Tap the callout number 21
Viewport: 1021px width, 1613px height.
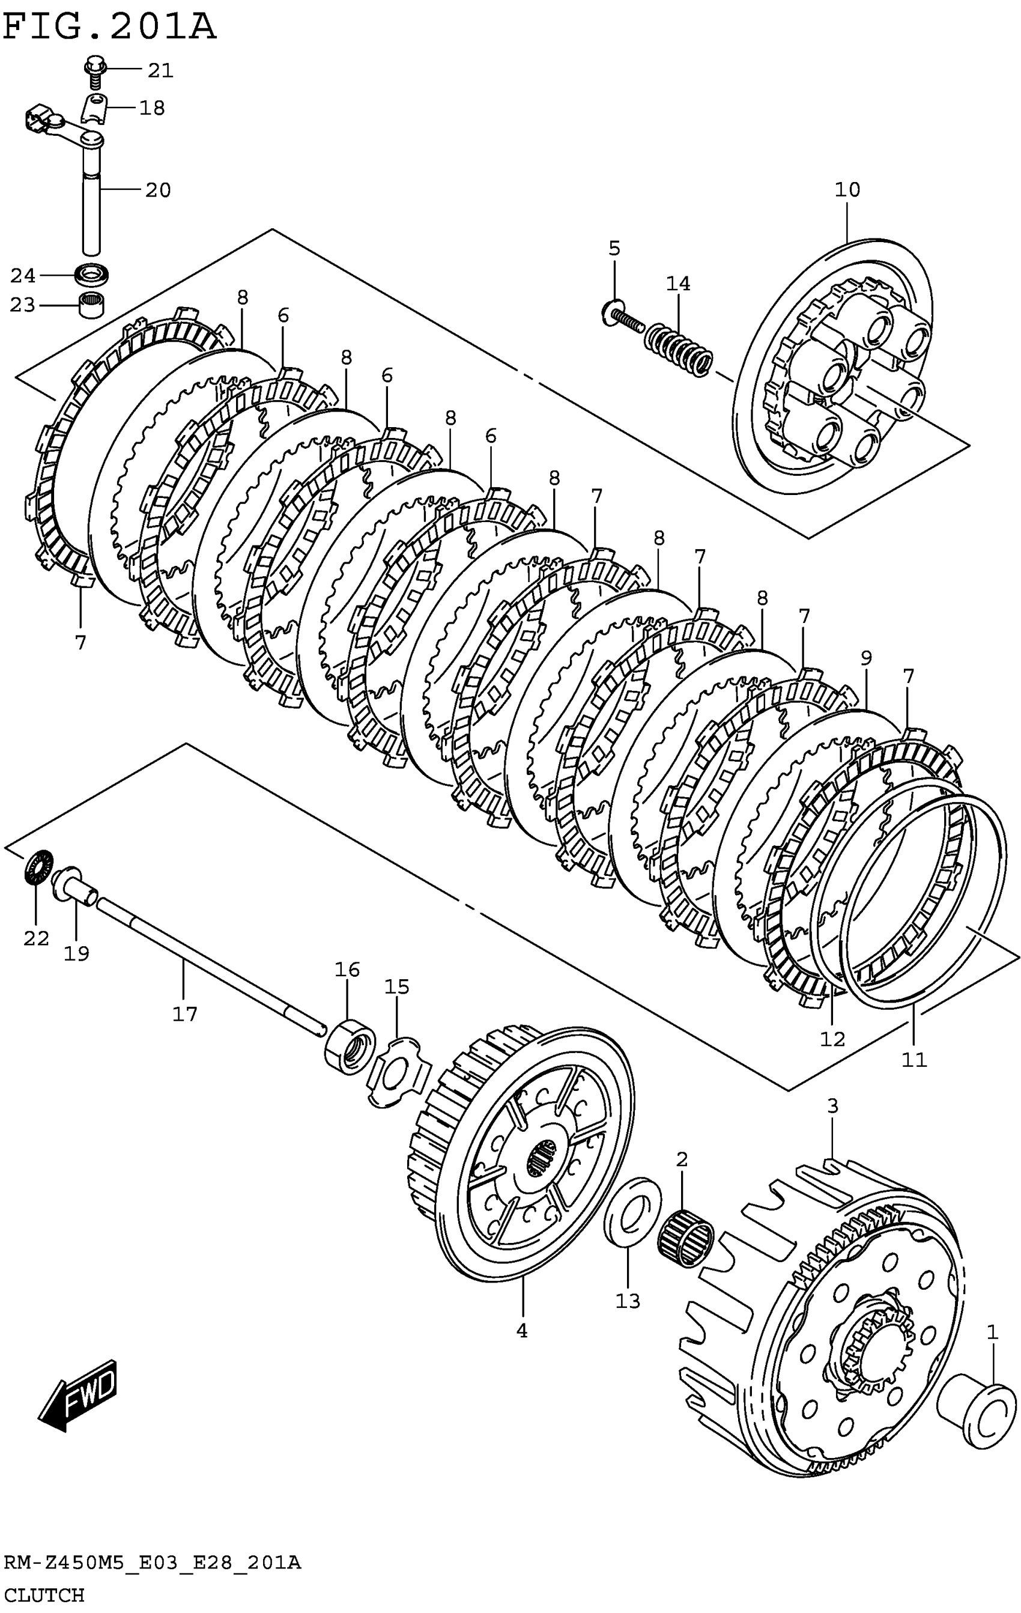(160, 70)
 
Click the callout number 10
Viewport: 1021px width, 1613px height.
(847, 190)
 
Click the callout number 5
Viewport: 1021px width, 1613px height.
(614, 248)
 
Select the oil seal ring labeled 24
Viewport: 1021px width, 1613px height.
(91, 275)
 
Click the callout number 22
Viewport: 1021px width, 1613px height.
(36, 938)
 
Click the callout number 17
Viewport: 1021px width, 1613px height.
(185, 1014)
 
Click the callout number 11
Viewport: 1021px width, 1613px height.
(914, 1060)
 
